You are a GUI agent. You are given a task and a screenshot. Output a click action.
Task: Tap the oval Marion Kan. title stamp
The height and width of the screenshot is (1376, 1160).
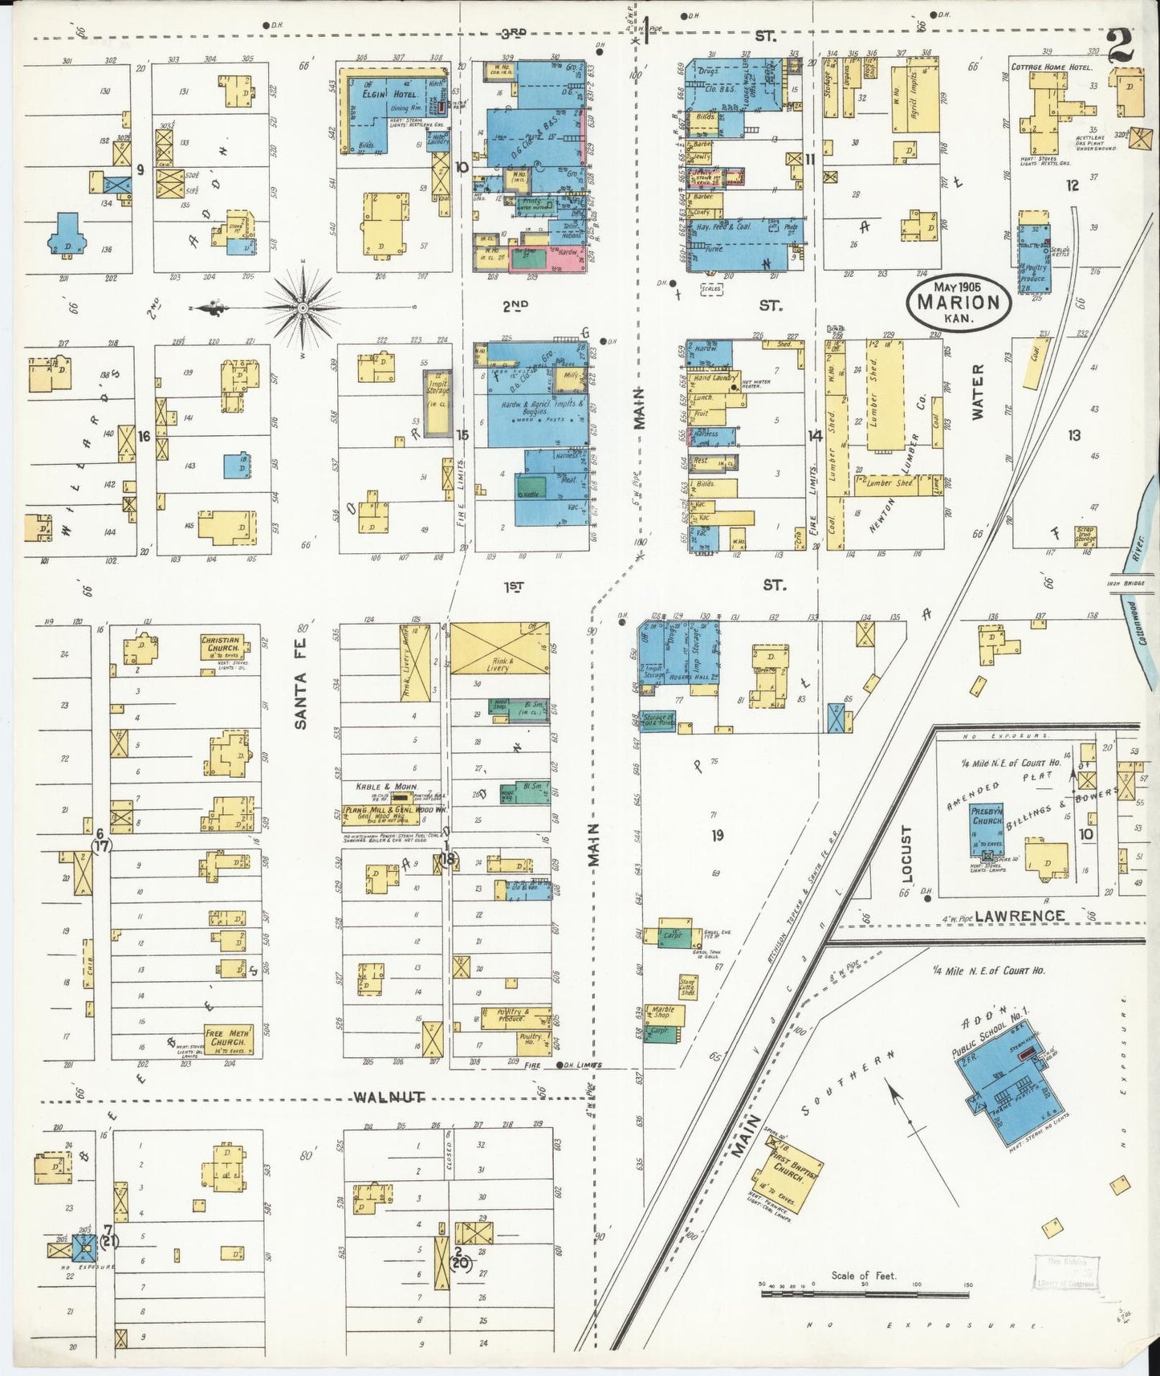click(959, 303)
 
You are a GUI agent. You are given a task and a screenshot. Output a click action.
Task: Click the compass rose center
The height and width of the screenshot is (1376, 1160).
click(303, 307)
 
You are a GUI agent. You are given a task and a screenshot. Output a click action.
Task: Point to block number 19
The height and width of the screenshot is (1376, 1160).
click(717, 835)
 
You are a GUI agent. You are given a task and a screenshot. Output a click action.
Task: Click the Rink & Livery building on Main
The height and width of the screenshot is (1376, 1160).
click(499, 648)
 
